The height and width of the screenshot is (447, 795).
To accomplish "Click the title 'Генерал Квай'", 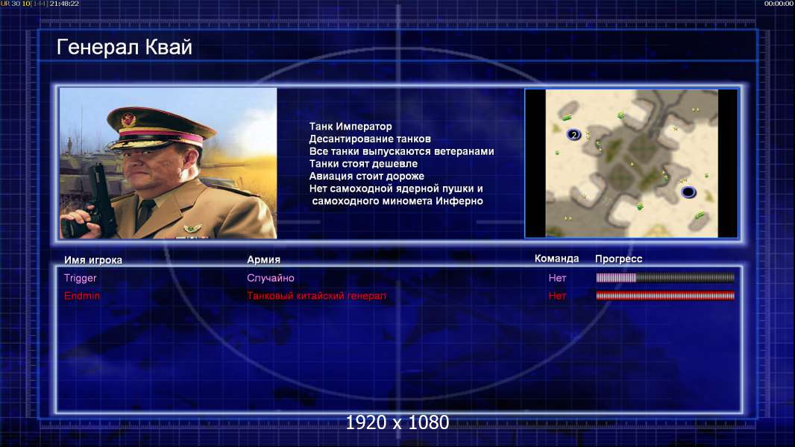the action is click(125, 47).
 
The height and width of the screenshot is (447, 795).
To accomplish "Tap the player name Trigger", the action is click(80, 278).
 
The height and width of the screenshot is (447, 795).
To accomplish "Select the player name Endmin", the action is click(81, 296).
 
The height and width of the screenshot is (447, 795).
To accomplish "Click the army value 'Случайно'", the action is click(270, 278).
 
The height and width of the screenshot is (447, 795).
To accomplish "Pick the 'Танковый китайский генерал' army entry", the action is click(316, 296).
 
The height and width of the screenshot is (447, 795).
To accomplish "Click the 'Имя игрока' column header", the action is click(92, 260).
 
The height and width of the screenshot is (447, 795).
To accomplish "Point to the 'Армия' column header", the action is click(263, 259).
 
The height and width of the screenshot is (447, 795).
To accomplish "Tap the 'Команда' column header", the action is click(556, 259).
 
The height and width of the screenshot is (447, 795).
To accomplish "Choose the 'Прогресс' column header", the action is click(618, 259).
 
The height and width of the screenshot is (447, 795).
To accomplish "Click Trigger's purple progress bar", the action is click(665, 277).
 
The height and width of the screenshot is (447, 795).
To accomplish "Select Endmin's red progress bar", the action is click(665, 296).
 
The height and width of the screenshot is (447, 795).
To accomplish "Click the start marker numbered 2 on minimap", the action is click(574, 135).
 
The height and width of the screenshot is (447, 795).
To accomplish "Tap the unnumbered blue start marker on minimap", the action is click(688, 192).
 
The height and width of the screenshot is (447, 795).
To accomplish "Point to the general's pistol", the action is click(101, 197).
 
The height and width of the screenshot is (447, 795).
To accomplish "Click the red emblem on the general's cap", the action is click(129, 119).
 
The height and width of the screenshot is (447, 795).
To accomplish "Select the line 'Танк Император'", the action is click(351, 126).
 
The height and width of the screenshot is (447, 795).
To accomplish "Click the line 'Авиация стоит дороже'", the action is click(367, 176).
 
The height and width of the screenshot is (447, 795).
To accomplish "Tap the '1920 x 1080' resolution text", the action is click(397, 422).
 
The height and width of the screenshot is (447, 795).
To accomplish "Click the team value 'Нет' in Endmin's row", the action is click(557, 296).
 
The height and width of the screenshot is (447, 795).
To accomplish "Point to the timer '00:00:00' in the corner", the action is click(779, 4).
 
